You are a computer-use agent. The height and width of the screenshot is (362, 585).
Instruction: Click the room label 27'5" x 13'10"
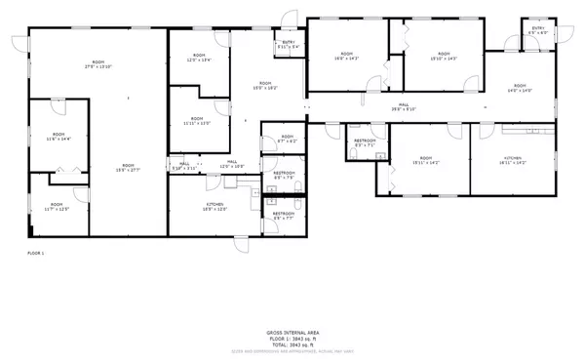pos(97,66)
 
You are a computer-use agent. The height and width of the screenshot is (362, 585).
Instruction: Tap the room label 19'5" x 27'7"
pos(128,169)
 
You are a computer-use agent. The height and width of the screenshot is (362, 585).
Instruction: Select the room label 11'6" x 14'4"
pos(58,138)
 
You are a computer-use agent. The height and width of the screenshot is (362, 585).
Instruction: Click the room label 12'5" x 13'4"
pos(199,59)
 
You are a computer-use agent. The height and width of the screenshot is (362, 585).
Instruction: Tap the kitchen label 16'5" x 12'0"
pos(214,208)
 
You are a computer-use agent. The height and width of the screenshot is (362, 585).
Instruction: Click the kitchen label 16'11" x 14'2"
pos(513,161)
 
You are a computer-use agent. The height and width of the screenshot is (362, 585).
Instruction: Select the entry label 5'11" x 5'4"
pos(290,45)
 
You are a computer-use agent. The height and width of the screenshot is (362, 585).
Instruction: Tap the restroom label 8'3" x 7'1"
pos(365,144)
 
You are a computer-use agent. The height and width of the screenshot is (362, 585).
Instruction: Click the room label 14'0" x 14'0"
pos(519,89)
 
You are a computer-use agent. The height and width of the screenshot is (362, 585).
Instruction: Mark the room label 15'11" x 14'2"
pos(426,161)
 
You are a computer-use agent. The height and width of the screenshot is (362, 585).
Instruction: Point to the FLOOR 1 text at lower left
pos(36,253)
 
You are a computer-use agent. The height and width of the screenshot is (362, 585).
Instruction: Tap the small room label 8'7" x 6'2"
pos(286,139)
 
